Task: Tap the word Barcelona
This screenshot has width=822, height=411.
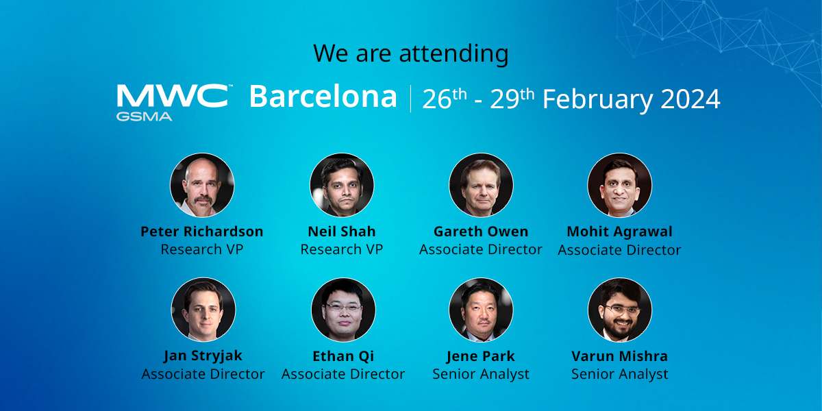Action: click(323, 97)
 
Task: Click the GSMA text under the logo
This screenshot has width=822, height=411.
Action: click(145, 116)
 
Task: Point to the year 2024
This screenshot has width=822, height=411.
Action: click(690, 99)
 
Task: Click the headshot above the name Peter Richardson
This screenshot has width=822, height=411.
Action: click(202, 185)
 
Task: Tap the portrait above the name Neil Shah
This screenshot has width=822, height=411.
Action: click(342, 185)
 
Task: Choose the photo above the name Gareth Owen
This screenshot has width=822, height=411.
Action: click(481, 185)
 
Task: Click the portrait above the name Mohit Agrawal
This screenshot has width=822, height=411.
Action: click(620, 185)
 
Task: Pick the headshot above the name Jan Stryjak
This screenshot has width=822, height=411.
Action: click(203, 310)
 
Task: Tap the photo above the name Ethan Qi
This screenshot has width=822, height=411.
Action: click(343, 310)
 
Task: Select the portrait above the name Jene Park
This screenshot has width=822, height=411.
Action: click(481, 310)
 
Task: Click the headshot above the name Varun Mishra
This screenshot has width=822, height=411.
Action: click(620, 310)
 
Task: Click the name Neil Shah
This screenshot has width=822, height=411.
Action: click(342, 232)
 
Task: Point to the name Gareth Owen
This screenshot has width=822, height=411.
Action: click(481, 232)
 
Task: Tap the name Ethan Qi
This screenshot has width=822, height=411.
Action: click(343, 356)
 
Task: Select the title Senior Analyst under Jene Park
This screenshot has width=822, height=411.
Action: click(481, 374)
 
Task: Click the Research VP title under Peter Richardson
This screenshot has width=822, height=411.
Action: click(202, 249)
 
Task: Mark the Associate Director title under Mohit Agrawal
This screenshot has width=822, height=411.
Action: click(619, 250)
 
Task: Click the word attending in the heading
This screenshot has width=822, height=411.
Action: click(453, 54)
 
